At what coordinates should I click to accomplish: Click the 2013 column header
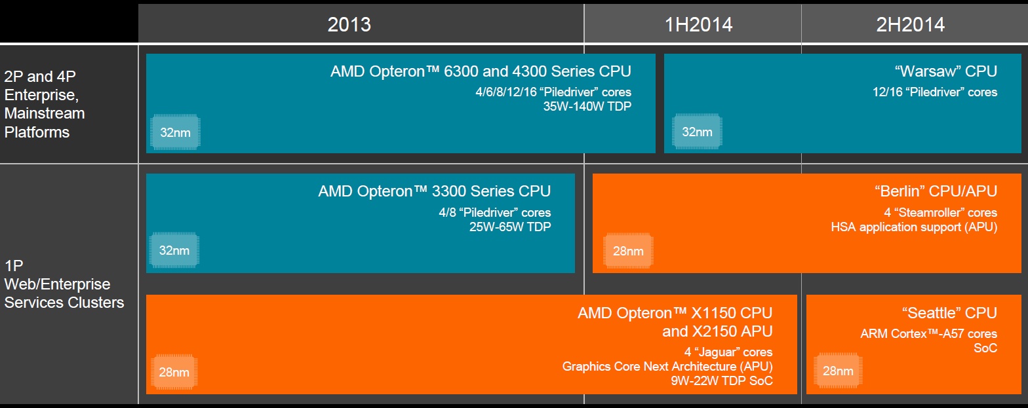click(349, 24)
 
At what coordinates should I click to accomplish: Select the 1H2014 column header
click(698, 24)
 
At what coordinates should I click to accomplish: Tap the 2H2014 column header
click(911, 24)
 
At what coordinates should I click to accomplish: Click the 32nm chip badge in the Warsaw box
click(697, 132)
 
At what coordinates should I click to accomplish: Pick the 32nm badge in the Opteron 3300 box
click(174, 250)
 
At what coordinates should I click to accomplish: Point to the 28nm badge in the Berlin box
click(628, 251)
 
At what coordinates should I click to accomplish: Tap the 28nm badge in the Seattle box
click(838, 371)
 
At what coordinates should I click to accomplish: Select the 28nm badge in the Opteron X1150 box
click(174, 372)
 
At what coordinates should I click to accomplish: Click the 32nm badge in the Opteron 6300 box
click(175, 132)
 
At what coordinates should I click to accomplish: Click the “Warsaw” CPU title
click(946, 71)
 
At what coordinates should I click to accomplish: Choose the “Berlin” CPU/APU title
click(936, 191)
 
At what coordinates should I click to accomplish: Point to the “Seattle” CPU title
click(949, 312)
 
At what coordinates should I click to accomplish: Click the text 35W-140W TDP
click(587, 106)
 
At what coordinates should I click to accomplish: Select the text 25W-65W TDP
click(510, 227)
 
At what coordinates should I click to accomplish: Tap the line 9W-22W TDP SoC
click(721, 380)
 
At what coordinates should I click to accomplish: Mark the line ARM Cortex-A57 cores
click(928, 333)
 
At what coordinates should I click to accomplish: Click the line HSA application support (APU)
click(914, 227)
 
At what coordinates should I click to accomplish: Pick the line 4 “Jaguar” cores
click(728, 352)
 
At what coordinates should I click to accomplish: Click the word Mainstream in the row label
click(45, 113)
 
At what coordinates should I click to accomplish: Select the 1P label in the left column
click(14, 265)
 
